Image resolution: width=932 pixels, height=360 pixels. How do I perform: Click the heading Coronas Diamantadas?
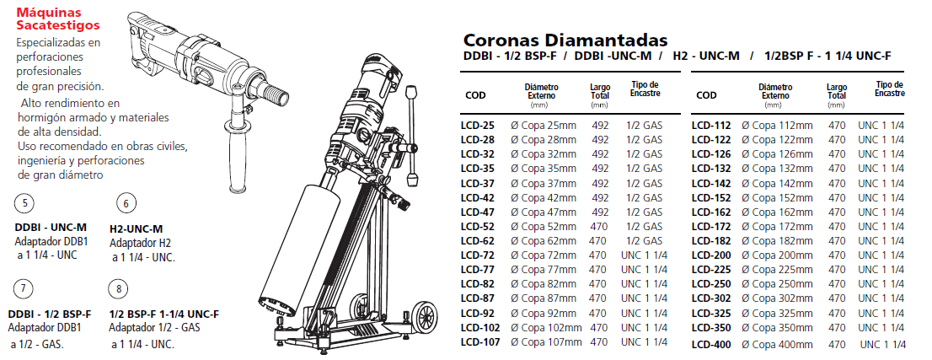[565, 40]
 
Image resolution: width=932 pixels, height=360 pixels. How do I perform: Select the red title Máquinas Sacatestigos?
[58, 19]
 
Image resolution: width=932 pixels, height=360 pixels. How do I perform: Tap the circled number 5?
[24, 204]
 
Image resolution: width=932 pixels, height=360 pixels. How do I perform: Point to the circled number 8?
[119, 289]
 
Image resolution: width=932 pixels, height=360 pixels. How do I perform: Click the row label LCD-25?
[477, 126]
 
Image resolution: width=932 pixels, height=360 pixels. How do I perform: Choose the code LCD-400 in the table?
[711, 344]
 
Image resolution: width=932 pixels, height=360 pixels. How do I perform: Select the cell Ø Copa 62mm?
[544, 241]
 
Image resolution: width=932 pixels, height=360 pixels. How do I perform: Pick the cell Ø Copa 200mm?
[778, 255]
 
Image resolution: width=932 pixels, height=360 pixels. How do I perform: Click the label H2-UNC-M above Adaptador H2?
[137, 228]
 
